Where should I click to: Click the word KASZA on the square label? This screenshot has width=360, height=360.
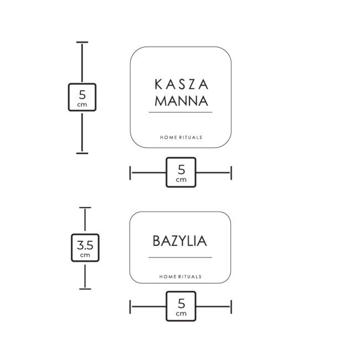pos(181,85)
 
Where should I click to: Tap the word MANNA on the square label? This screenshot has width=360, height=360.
pos(181,101)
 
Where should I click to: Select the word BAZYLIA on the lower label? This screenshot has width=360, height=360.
pos(180,241)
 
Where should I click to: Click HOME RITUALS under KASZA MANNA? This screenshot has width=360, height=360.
pos(181,137)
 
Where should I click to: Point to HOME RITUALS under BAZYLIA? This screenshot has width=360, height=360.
pos(181,276)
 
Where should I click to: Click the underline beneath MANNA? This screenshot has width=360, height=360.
pos(181,112)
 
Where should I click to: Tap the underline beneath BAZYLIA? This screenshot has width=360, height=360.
pos(181,258)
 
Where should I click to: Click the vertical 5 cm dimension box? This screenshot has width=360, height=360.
pos(82,97)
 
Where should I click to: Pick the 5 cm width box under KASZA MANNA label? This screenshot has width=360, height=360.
pos(181,172)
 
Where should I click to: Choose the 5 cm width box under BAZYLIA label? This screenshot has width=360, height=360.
pos(181,306)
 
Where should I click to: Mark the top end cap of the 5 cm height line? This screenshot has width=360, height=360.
pos(82,43)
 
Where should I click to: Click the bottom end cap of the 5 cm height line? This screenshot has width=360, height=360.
pos(82,152)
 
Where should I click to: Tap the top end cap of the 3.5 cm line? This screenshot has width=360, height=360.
pos(85,208)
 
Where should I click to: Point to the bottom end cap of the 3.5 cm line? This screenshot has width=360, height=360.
pos(85,288)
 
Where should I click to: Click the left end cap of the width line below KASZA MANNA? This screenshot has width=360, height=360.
pos(131,172)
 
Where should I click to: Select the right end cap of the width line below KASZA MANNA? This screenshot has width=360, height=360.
pos(231,172)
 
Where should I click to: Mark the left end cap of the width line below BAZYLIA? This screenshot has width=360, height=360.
pos(131,306)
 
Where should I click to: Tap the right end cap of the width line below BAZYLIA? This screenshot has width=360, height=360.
pos(231,306)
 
